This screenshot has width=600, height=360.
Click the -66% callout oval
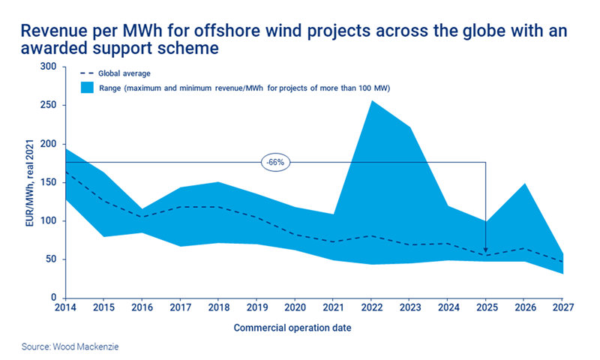tap(276, 161)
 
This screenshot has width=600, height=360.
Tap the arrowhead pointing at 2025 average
tap(486, 251)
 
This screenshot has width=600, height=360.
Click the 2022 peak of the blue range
tap(372, 102)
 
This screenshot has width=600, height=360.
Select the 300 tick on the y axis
tap(49, 67)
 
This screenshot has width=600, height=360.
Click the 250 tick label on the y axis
tap(49, 105)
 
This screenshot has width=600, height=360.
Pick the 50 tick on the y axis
tap(51, 259)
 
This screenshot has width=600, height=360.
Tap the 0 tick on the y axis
tap(54, 298)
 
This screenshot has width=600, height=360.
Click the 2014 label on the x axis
tap(65, 308)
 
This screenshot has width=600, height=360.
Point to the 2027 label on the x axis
tap(563, 308)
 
